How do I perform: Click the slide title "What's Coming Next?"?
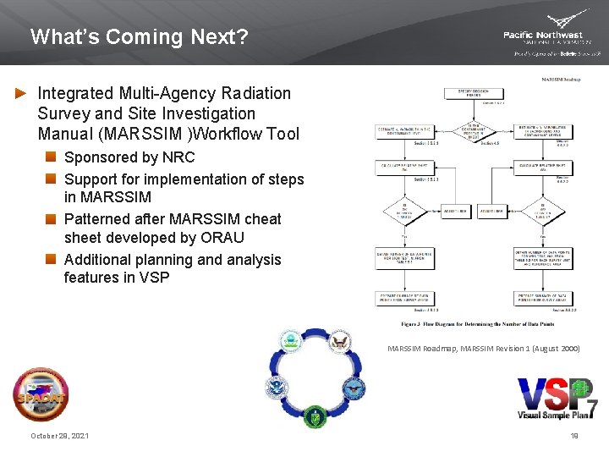[x=140, y=37]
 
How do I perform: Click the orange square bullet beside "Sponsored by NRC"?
[x=52, y=157]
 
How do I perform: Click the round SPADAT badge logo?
[x=41, y=395]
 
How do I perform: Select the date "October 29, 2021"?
[x=60, y=436]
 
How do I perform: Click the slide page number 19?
[x=574, y=436]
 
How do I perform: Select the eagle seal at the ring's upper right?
[x=340, y=343]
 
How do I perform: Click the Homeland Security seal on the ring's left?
[x=277, y=389]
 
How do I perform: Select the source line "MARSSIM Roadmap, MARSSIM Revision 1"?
[x=483, y=348]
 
